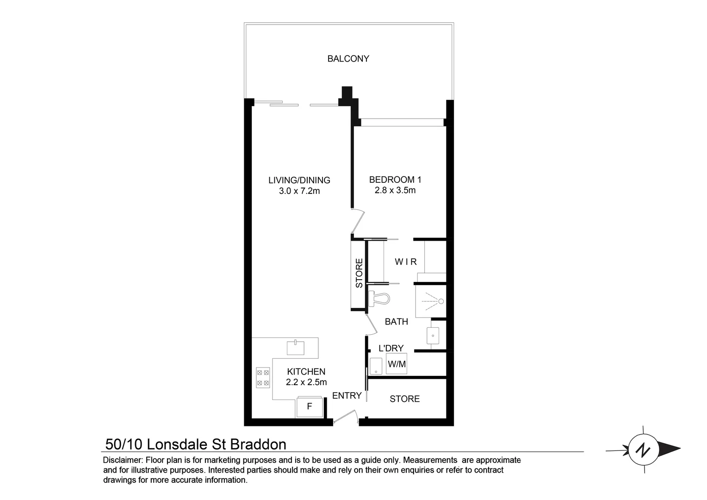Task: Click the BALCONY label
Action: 348,59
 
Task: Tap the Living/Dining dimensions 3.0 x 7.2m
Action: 299,191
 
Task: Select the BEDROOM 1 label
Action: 395,180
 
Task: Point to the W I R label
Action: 405,262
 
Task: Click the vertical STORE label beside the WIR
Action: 360,274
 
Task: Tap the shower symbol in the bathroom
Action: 431,301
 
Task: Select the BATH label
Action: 397,322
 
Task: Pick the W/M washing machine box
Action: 397,364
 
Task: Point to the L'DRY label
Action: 391,349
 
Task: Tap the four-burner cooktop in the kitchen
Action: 263,377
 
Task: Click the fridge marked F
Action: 310,407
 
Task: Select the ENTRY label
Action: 347,396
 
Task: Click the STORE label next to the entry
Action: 404,399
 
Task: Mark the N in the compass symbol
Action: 642,449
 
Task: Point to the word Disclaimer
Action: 122,461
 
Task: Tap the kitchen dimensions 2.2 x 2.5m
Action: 306,382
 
